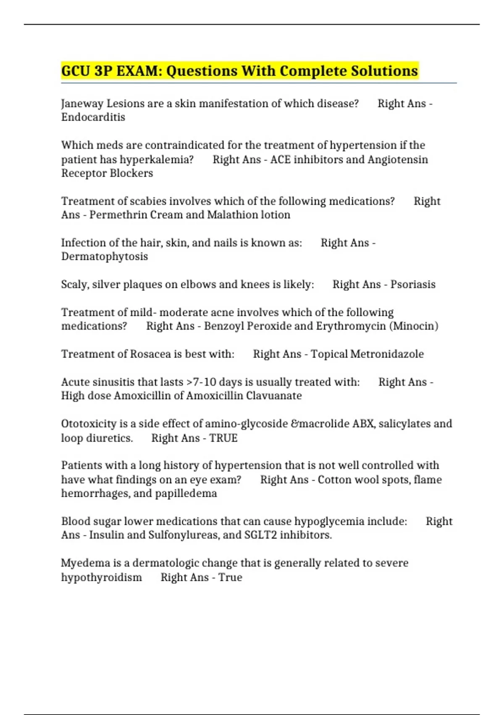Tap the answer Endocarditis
(93, 117)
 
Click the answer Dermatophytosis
(105, 257)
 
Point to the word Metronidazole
(387, 354)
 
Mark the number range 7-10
(205, 382)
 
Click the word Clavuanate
(274, 396)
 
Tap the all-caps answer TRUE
(223, 438)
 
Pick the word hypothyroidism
(102, 577)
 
